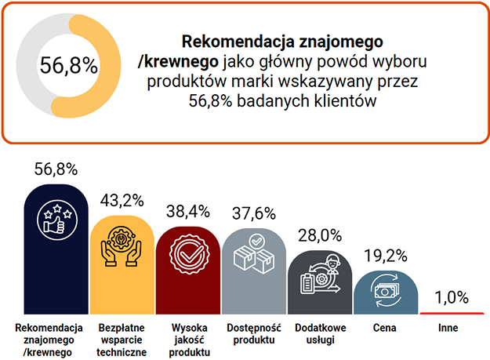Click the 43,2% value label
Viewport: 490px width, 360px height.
coord(120,200)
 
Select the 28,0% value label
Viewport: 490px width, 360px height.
coord(318,235)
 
